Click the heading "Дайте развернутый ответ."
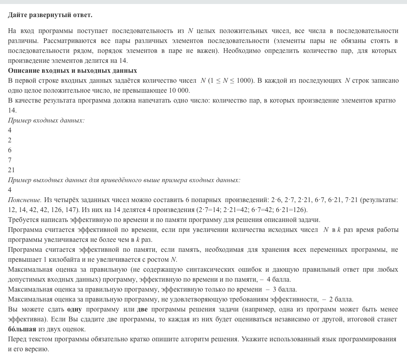[50, 15]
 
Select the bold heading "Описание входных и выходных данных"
[72, 70]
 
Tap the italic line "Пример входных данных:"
[46, 120]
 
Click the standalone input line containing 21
[11, 170]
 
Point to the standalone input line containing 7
[10, 160]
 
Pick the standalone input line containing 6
[10, 150]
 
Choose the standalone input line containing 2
[10, 140]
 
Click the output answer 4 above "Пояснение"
[10, 190]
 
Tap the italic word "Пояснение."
[25, 200]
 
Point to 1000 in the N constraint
[244, 80]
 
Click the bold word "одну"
[74, 309]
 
